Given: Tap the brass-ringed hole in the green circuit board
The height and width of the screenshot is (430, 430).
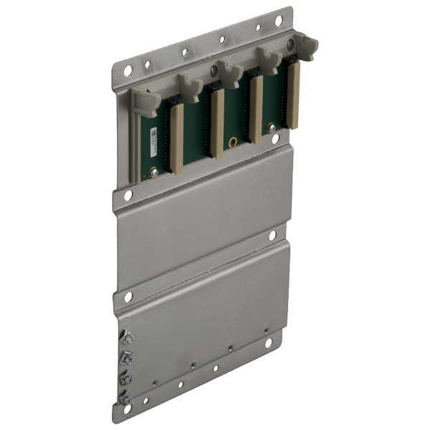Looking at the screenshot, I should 233,141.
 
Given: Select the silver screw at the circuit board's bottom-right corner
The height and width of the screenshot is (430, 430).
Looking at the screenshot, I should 272,127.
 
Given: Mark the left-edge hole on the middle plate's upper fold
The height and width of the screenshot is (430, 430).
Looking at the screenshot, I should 128,194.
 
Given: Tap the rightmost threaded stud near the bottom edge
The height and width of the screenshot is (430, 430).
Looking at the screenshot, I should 266,331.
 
